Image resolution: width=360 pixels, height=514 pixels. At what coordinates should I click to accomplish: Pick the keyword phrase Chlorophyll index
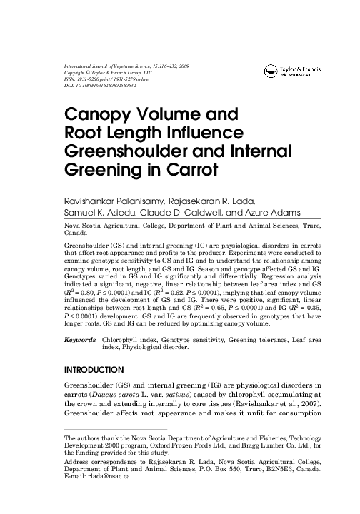click(130, 341)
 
